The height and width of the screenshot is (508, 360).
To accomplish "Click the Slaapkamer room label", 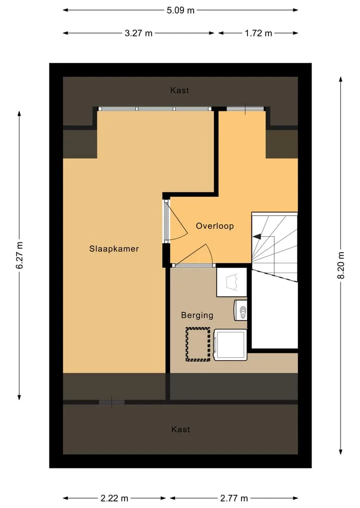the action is tap(114, 249).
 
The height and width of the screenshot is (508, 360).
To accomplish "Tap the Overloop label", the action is tap(214, 226).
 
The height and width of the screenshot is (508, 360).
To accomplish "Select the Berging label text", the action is tap(197, 315).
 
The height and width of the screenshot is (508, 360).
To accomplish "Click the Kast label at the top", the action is tap(179, 90).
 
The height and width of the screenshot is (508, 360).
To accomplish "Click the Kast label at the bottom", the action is tap(180, 429).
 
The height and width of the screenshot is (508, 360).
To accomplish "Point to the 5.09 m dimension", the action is tap(180, 10).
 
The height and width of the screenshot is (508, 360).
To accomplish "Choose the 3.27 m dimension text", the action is tap(138, 33).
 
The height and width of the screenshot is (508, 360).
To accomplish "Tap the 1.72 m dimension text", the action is tap(258, 33).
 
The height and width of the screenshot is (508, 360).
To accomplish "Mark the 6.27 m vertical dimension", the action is tap(19, 255).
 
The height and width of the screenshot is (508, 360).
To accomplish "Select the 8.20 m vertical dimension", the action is tap(340, 265).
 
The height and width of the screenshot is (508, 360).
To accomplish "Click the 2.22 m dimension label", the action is tap(114, 498).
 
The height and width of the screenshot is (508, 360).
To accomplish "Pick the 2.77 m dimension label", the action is tap(234, 498).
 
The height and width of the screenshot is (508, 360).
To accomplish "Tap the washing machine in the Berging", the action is tap(230, 345).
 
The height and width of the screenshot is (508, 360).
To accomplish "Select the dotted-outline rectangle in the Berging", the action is tap(198, 344).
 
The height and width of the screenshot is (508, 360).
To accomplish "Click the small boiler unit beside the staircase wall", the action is tap(240, 310).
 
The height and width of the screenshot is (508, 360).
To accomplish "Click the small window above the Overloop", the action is tap(245, 109).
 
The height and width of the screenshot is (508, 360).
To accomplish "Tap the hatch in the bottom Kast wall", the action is tap(111, 402).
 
